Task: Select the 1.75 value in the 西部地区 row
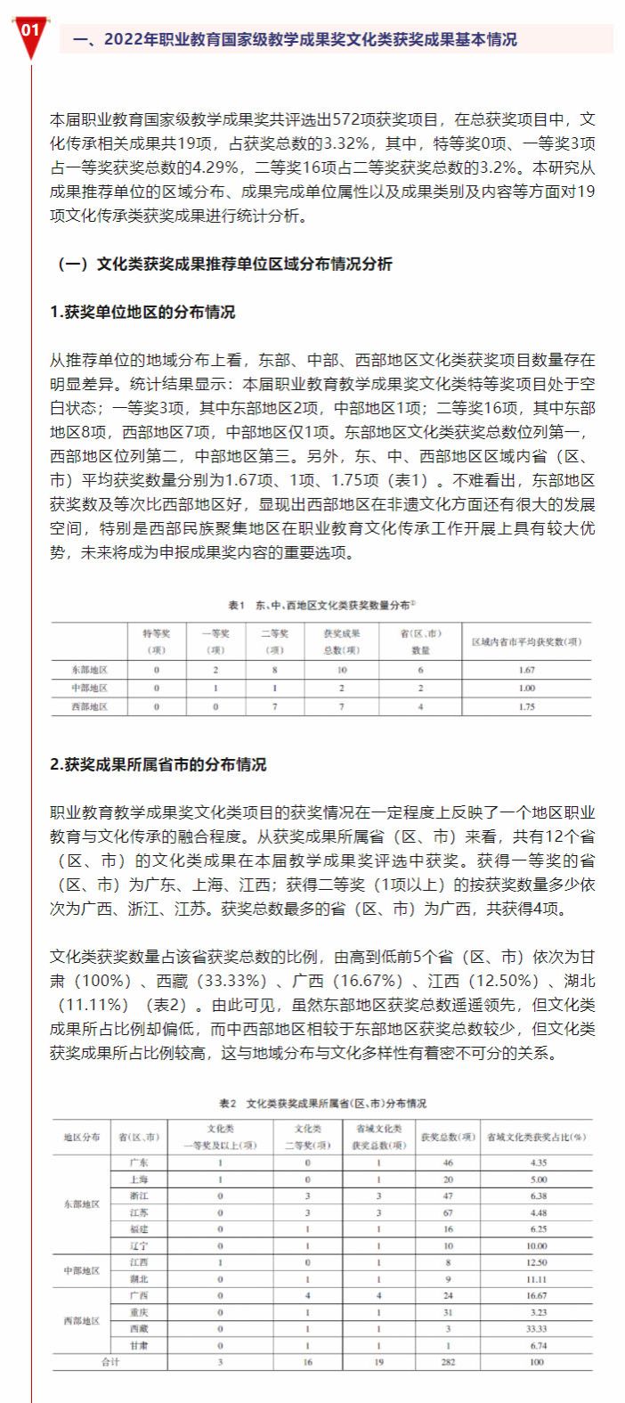[x=524, y=706]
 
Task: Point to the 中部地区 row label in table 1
[x=89, y=688]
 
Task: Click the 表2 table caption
[x=322, y=1103]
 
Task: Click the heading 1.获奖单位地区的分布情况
[x=143, y=312]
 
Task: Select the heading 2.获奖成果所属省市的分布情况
[x=158, y=764]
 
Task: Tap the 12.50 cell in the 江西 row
[x=536, y=1263]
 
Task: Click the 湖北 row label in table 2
[x=138, y=1279]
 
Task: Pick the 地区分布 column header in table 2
[x=81, y=1138]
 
